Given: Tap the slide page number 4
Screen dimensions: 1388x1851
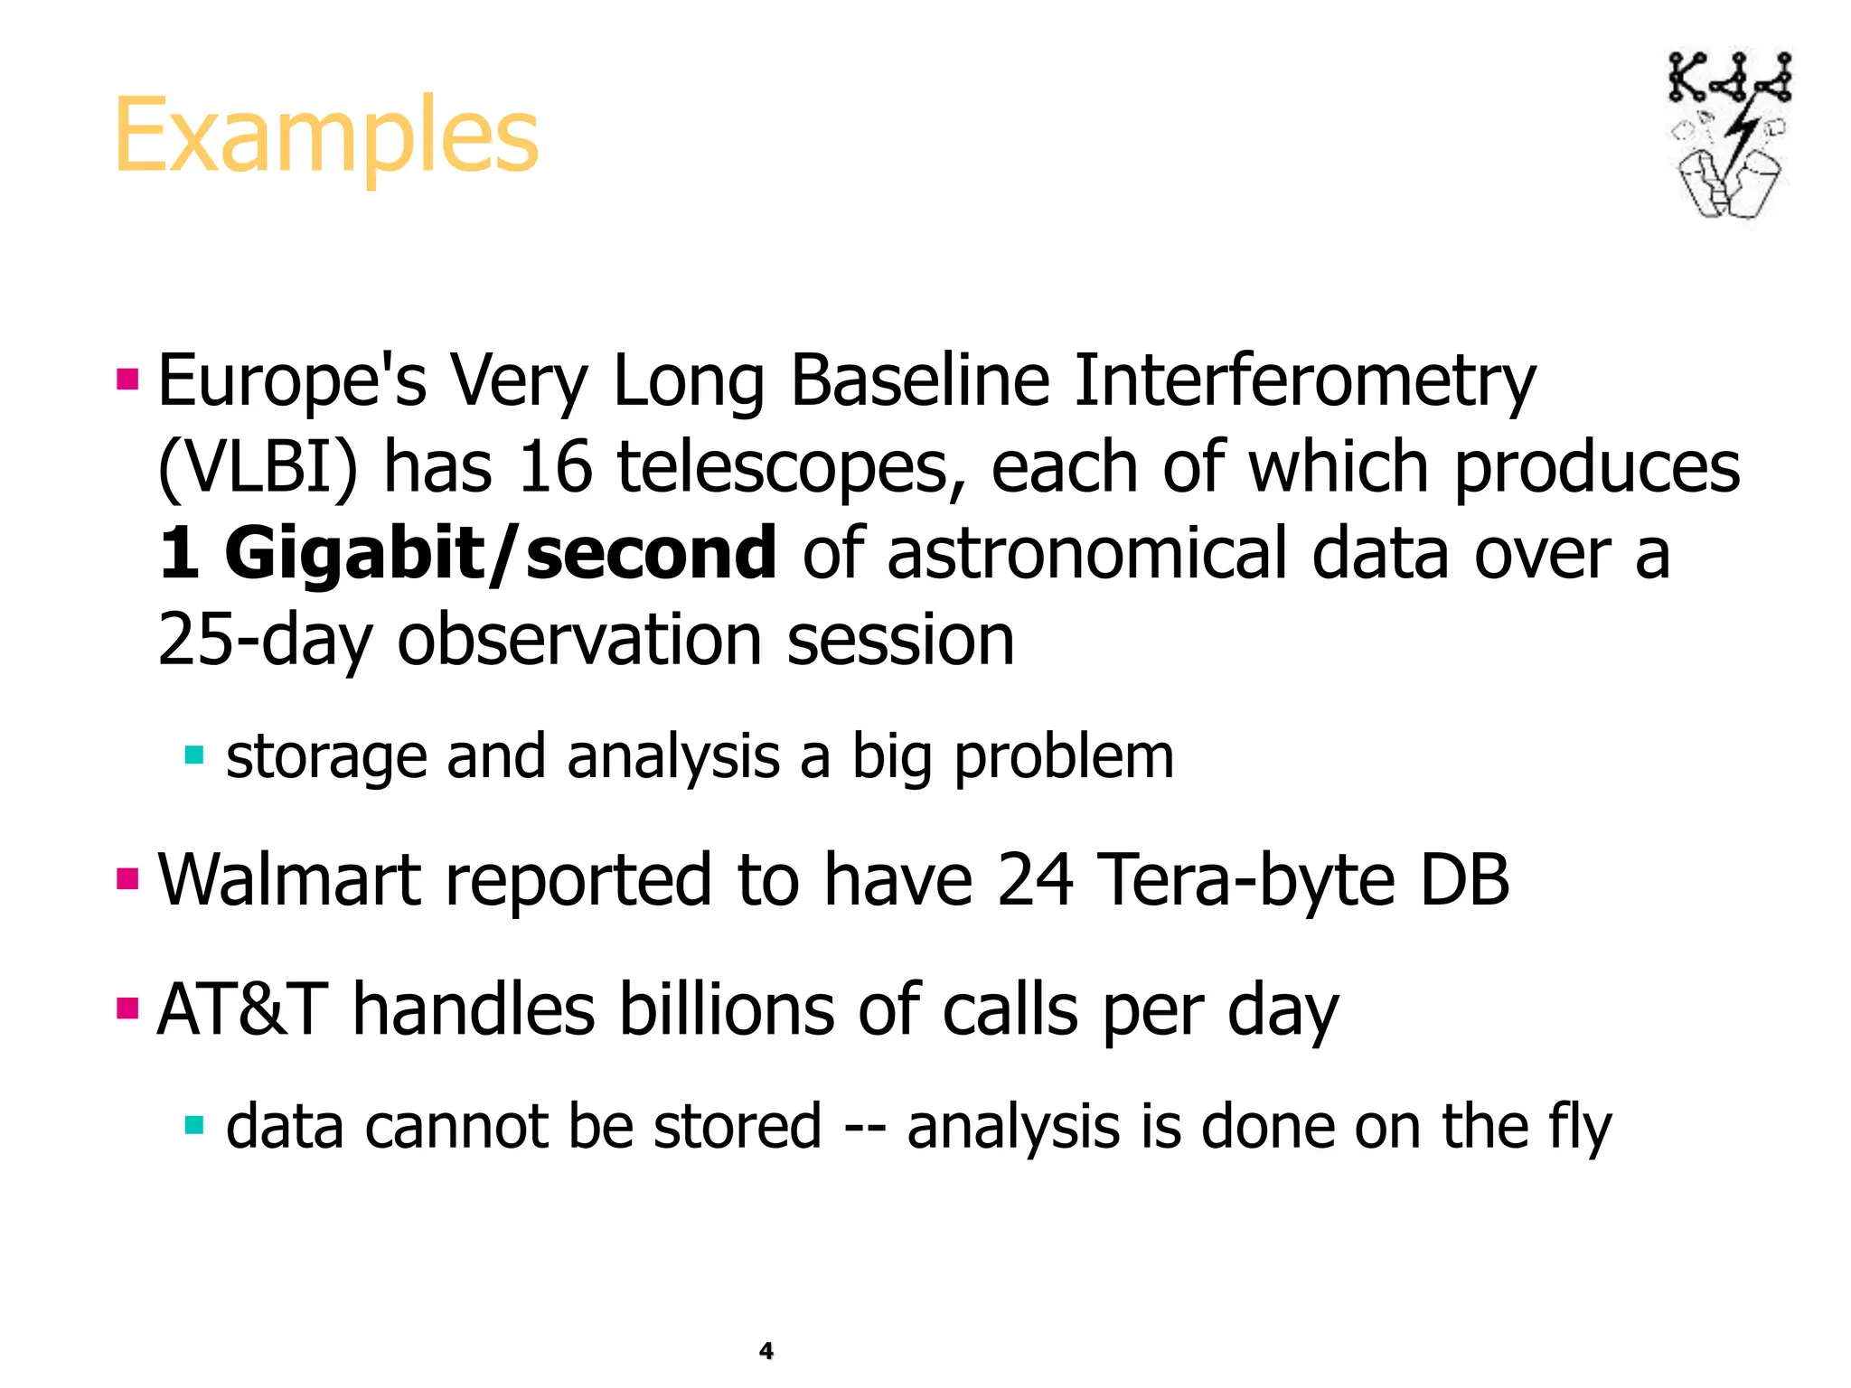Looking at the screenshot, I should tap(766, 1351).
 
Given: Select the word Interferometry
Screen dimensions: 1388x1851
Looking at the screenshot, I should tap(1304, 382).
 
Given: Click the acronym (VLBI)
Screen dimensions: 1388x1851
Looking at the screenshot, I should tap(258, 468).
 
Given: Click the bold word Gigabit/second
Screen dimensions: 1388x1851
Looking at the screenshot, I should tap(500, 553).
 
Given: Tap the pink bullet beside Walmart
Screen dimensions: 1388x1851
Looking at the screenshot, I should tap(127, 878).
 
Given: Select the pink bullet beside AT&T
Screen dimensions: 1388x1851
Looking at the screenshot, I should tap(127, 1008).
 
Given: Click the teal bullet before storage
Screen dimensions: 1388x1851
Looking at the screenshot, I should tap(193, 755).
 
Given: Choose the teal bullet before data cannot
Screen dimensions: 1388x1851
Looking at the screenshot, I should tap(193, 1125).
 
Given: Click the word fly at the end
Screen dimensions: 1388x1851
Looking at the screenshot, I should tap(1579, 1128).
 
